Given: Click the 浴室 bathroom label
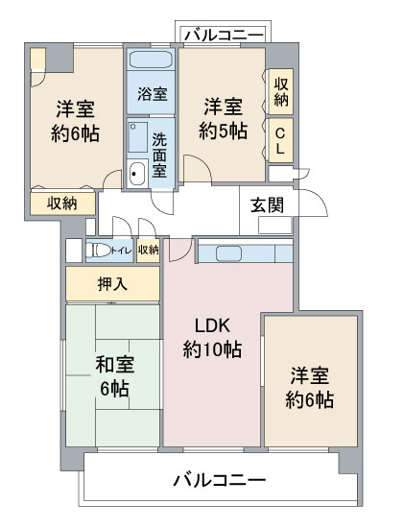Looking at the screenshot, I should click(152, 94).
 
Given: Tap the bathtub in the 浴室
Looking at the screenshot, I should click(152, 60).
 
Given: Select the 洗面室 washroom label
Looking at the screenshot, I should click(160, 153).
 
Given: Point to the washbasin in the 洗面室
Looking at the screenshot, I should click(135, 173).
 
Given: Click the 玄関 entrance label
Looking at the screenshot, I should click(268, 204).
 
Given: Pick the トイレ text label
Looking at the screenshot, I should click(121, 251).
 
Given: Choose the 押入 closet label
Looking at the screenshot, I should click(112, 284).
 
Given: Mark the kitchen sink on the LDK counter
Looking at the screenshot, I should click(229, 253).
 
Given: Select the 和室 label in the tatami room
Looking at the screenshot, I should click(114, 365).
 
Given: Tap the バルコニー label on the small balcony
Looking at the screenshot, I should click(224, 36).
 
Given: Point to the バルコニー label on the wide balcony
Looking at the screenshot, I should click(219, 479).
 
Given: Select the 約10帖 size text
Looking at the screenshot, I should click(211, 349).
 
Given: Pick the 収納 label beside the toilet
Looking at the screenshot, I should click(148, 251).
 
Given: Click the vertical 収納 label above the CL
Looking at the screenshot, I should click(280, 92).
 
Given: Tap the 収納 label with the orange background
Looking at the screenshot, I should click(62, 203).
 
